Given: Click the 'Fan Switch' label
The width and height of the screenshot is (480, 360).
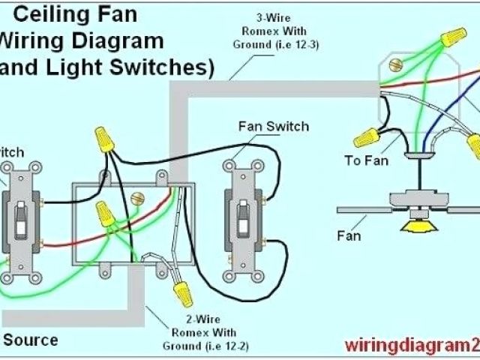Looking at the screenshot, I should click(x=273, y=126).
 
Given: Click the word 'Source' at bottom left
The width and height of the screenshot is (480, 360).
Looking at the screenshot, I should click(x=31, y=340).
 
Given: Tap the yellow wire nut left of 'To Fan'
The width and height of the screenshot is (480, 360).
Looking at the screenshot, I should click(x=365, y=137).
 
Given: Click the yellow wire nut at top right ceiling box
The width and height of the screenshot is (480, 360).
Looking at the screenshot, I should click(x=453, y=35).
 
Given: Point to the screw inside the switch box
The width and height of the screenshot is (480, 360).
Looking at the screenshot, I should click(x=137, y=199).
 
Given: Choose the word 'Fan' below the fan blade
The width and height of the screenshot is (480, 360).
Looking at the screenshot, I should click(x=348, y=236).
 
